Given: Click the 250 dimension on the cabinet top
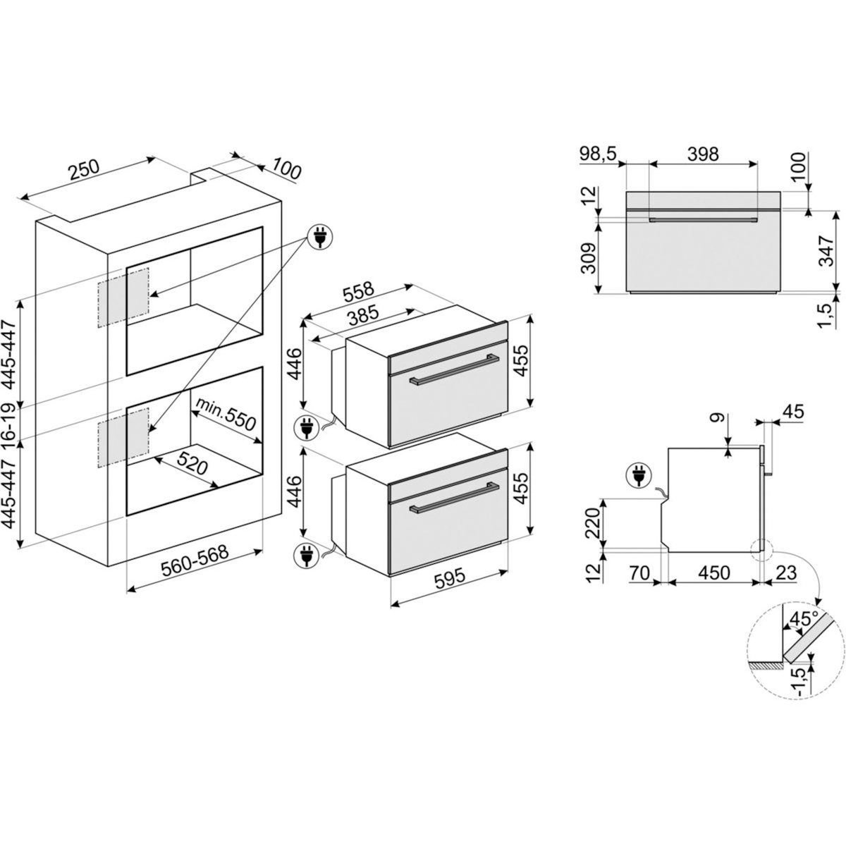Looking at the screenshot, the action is coord(84,171).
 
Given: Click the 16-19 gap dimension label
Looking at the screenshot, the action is coord(10,421).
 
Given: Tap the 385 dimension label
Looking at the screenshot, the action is coord(361,316).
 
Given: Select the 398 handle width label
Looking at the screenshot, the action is coord(703,154).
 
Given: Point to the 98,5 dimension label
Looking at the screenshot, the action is coord(599,155).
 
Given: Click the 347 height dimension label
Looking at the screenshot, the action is coord(827,251).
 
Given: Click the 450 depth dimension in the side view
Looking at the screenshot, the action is coord(713,572).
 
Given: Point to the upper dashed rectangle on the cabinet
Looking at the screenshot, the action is coord(123,298).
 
